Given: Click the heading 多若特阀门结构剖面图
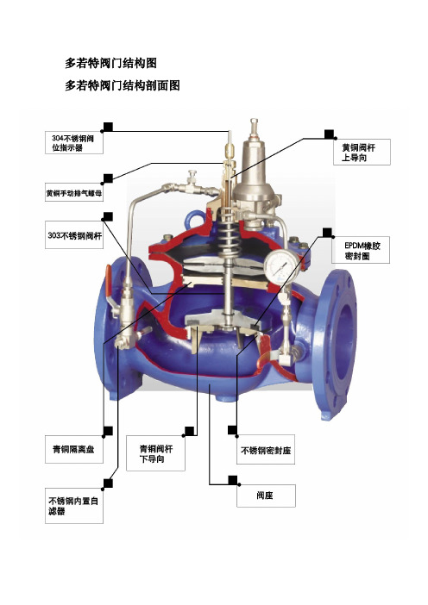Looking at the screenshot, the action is pyautogui.click(x=122, y=85).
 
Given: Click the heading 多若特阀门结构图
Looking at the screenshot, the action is pyautogui.click(x=110, y=63).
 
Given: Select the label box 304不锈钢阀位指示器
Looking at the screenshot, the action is pyautogui.click(x=74, y=143).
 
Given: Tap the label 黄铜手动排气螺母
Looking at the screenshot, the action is pyautogui.click(x=74, y=192).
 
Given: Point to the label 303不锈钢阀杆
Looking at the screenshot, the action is pyautogui.click(x=74, y=235).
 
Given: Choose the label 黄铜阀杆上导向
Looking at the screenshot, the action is pyautogui.click(x=362, y=153).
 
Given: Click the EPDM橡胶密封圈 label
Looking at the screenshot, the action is pyautogui.click(x=361, y=251).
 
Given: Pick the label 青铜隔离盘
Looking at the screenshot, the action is pyautogui.click(x=74, y=450).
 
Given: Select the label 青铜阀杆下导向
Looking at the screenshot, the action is pyautogui.click(x=155, y=453).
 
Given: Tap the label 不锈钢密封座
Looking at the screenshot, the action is pyautogui.click(x=266, y=450).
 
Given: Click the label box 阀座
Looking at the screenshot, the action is pyautogui.click(x=266, y=496).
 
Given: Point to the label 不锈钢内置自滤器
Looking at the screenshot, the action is pyautogui.click(x=74, y=506).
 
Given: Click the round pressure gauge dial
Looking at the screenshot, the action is pyautogui.click(x=282, y=267).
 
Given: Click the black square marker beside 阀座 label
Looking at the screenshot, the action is pyautogui.click(x=232, y=480).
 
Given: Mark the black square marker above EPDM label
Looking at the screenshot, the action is pyautogui.click(x=327, y=233).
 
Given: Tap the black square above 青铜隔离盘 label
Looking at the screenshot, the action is pyautogui.click(x=108, y=431).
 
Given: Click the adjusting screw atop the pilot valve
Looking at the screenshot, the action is pyautogui.click(x=254, y=128).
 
